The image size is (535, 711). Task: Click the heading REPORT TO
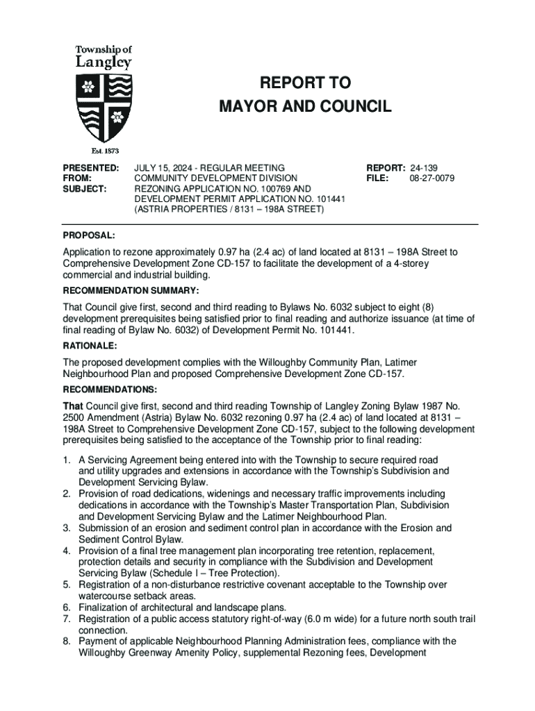[305, 84]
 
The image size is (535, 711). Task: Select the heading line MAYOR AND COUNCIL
[305, 107]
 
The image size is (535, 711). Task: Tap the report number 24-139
[424, 168]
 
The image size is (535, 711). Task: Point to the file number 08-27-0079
[432, 178]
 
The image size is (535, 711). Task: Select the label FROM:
[77, 178]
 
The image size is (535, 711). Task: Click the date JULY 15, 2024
[165, 168]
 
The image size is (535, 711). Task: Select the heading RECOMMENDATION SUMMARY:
[131, 290]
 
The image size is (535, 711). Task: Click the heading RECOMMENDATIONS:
[110, 389]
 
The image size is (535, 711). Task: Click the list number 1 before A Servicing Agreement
[66, 460]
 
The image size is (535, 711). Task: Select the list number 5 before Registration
[66, 585]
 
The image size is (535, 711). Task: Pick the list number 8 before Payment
[66, 641]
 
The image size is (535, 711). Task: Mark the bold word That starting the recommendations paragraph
[73, 405]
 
